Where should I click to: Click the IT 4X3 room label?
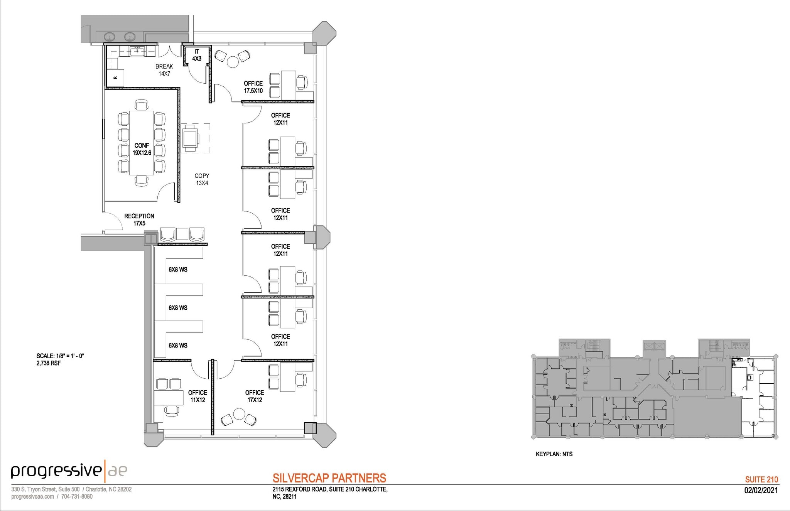pos(197,55)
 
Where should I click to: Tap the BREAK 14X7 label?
pos(164,70)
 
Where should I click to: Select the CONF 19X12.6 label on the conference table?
pos(142,149)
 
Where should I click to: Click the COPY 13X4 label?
pos(202,179)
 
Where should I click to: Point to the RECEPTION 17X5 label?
pos(139,219)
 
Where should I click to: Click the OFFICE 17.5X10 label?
pos(253,87)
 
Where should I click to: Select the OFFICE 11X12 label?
pos(197,396)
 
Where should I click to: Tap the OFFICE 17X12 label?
pos(255,396)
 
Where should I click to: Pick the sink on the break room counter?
pos(137,50)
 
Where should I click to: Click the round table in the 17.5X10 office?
pos(233,62)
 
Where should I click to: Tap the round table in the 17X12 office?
pos(239,415)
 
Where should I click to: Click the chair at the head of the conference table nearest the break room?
pos(142,105)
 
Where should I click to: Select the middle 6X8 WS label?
pos(178,308)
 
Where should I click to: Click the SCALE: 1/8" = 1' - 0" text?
pos(60,356)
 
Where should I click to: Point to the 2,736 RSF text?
pos(49,363)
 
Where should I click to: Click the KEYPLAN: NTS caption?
pos(554,454)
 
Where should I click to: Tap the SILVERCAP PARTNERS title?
pos(329,478)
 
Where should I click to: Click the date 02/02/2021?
pos(761,491)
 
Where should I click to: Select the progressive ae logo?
pos(69,471)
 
